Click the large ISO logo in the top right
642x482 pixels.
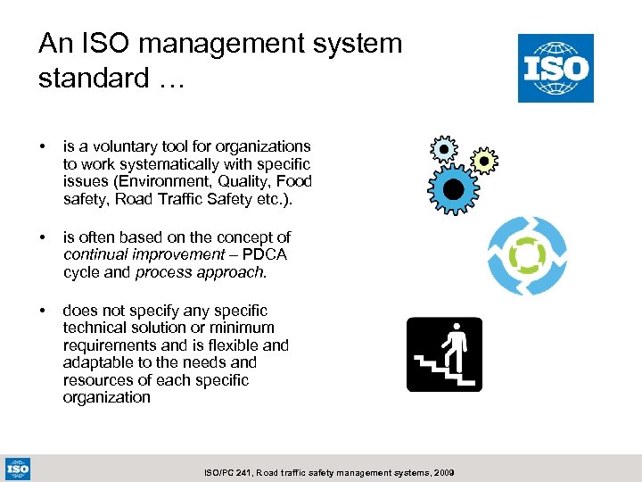coord(556,68)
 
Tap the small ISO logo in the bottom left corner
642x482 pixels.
coord(18,468)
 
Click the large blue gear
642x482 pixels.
coord(453,188)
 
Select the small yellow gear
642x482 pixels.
coord(483,161)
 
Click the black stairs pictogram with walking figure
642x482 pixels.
coord(444,354)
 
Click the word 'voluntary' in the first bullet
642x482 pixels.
coord(110,146)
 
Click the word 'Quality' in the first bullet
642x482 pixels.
coord(253,181)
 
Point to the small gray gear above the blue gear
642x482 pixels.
coord(443,148)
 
